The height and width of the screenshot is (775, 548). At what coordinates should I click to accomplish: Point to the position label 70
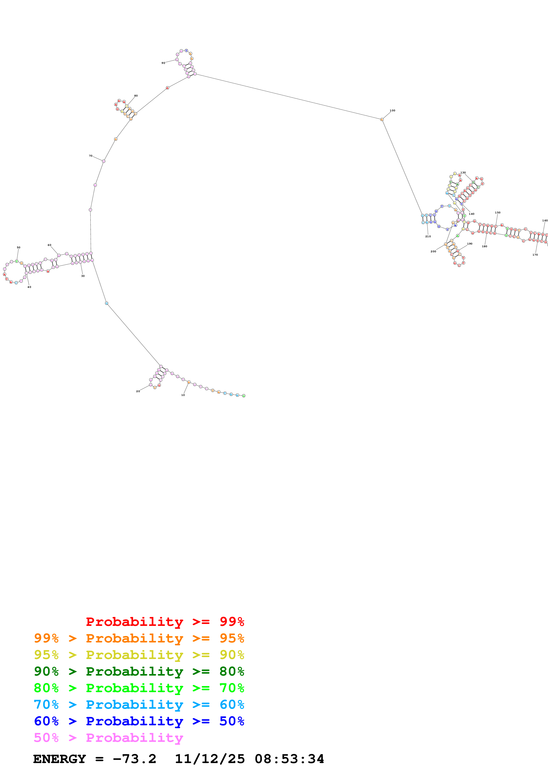point(90,156)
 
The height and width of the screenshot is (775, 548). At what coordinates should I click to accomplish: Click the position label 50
point(19,247)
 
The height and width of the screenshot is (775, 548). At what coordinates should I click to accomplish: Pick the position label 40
point(29,287)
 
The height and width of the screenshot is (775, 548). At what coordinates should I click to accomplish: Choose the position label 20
point(138,391)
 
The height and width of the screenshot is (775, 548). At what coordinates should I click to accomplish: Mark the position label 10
point(183,395)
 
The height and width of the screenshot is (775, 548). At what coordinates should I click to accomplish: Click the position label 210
point(428,236)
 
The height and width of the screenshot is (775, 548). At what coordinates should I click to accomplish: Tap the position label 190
point(470,244)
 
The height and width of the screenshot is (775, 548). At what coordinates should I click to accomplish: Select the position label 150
point(497,213)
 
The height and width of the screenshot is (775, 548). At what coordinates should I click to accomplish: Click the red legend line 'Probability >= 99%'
point(165,622)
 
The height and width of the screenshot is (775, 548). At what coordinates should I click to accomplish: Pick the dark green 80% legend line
point(139,671)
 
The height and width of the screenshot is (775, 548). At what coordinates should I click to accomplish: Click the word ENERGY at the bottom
point(59,759)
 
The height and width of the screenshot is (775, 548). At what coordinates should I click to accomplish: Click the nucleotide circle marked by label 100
point(382,120)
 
